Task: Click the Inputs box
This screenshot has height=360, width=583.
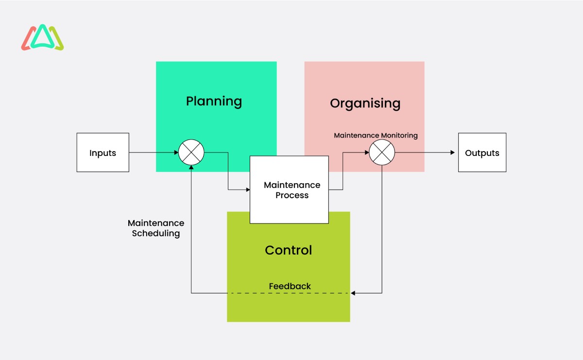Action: [x=103, y=153]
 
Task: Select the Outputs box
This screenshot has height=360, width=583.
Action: [x=482, y=153]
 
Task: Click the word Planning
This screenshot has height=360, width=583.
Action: [x=214, y=102]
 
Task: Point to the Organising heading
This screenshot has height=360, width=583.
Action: [x=365, y=103]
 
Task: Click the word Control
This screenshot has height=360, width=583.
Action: [x=288, y=250]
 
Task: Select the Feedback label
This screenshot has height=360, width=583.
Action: [x=290, y=286]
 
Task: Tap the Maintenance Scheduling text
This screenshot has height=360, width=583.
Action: [x=156, y=228]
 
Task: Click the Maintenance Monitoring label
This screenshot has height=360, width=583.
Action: [x=376, y=136]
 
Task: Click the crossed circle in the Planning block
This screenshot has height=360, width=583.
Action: [x=191, y=153]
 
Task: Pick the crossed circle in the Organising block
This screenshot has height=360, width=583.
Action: [x=382, y=153]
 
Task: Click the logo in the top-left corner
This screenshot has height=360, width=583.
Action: [x=43, y=38]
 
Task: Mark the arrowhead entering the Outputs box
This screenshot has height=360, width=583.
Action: [x=452, y=153]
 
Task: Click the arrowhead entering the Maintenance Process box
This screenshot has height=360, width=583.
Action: [x=247, y=189]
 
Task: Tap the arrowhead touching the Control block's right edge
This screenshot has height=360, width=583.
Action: [x=353, y=293]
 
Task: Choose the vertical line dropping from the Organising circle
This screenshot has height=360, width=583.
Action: [x=382, y=228]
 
